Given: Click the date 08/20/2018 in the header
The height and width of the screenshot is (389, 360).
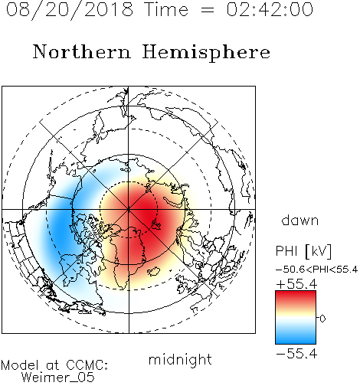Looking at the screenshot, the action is (x=70, y=9).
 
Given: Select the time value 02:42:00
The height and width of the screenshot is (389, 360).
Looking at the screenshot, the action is (x=270, y=9).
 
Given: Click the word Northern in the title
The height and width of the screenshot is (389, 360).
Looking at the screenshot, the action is (x=82, y=51).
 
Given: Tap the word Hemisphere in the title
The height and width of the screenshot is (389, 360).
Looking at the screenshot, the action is (x=206, y=52).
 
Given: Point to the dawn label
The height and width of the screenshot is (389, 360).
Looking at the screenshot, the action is (x=300, y=220).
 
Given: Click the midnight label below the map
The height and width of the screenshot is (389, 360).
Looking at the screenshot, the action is (x=180, y=360).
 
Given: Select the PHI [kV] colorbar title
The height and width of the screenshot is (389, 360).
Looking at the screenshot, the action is (x=303, y=250).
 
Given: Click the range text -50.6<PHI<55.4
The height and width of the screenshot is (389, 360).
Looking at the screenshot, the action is (x=316, y=270).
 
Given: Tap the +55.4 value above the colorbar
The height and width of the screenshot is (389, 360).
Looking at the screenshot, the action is (x=296, y=284).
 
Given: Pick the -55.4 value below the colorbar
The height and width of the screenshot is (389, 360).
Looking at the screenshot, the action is (x=296, y=354).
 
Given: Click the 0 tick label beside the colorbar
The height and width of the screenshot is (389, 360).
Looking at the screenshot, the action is (x=322, y=319).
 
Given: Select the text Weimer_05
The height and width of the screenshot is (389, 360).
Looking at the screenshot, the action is (x=58, y=378).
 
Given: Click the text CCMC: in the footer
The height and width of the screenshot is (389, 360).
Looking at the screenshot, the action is (x=87, y=365).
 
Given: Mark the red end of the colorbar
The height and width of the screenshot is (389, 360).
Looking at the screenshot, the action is (x=296, y=293).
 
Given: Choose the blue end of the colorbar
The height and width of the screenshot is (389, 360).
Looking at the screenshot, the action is (x=296, y=342).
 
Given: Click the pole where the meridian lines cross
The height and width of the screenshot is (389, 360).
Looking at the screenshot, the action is (x=129, y=209).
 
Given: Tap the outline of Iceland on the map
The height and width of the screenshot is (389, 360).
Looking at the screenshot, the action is (x=154, y=271).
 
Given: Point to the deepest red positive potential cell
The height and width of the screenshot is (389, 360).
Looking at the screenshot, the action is (x=147, y=214).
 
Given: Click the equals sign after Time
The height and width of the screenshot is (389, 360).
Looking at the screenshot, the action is (x=207, y=10).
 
